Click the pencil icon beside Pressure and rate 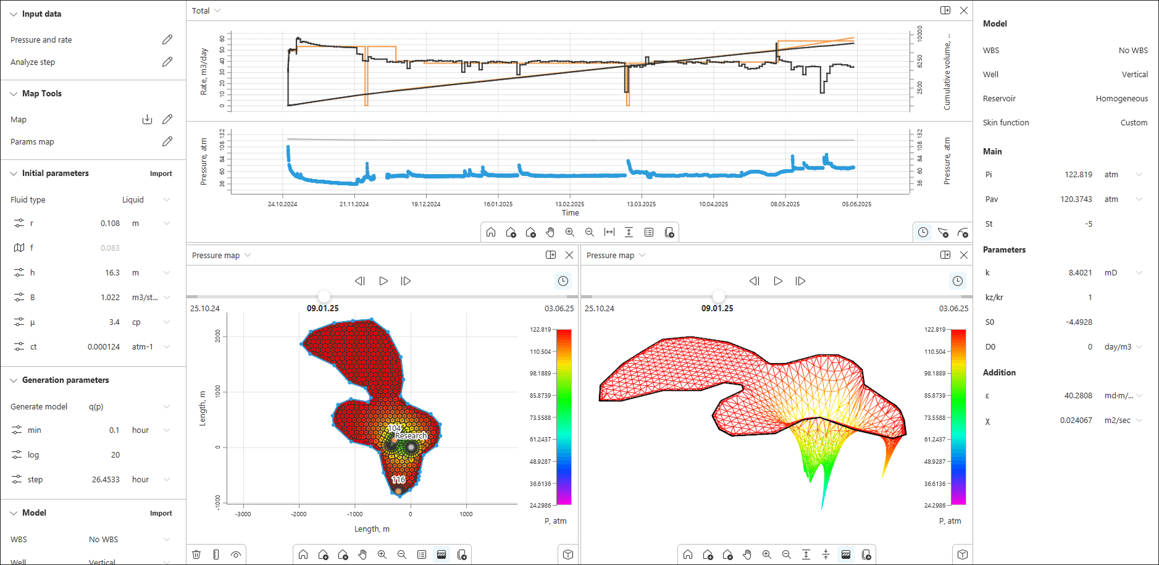click(x=167, y=40)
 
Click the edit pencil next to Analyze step click(x=167, y=62)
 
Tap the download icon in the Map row click(x=147, y=119)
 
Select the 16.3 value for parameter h click(x=112, y=272)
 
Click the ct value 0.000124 click(x=104, y=346)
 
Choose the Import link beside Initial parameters click(x=161, y=174)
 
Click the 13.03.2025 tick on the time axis click(x=641, y=204)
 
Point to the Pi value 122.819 click(x=1078, y=174)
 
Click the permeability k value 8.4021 click(x=1080, y=272)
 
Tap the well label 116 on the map click(x=398, y=480)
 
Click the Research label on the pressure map click(x=411, y=435)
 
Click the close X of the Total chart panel click(x=963, y=10)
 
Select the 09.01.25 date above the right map click(x=717, y=308)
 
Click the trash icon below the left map click(x=196, y=555)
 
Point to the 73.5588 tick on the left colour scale click(x=540, y=417)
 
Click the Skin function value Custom click(x=1134, y=122)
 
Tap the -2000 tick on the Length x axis click(x=299, y=514)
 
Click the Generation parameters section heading click(x=65, y=380)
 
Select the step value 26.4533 click(x=106, y=479)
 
